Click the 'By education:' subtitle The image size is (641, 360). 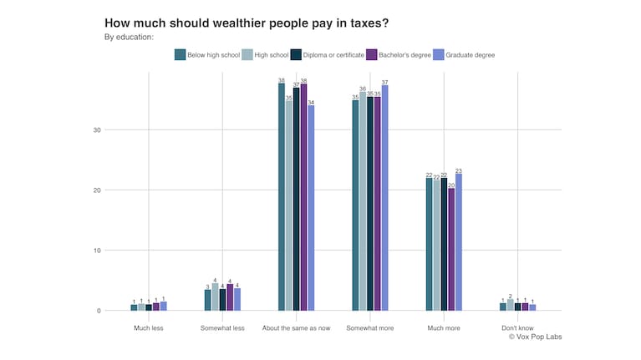(x=129, y=37)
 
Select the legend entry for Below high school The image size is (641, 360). (x=206, y=55)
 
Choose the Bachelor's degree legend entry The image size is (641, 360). (x=400, y=55)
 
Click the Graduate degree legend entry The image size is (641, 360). (x=466, y=55)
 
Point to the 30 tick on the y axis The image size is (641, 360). (x=97, y=130)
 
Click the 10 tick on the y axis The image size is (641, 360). (x=97, y=251)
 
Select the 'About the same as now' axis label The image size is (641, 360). (x=296, y=328)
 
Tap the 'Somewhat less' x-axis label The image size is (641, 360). (x=222, y=328)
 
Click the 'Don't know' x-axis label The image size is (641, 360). (x=517, y=328)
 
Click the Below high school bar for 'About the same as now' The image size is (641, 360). (x=282, y=197)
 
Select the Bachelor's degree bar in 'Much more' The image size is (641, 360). (x=451, y=249)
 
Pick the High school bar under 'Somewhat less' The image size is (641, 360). (x=215, y=297)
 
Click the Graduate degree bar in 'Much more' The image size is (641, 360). (x=459, y=242)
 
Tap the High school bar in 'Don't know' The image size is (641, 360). (x=510, y=305)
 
